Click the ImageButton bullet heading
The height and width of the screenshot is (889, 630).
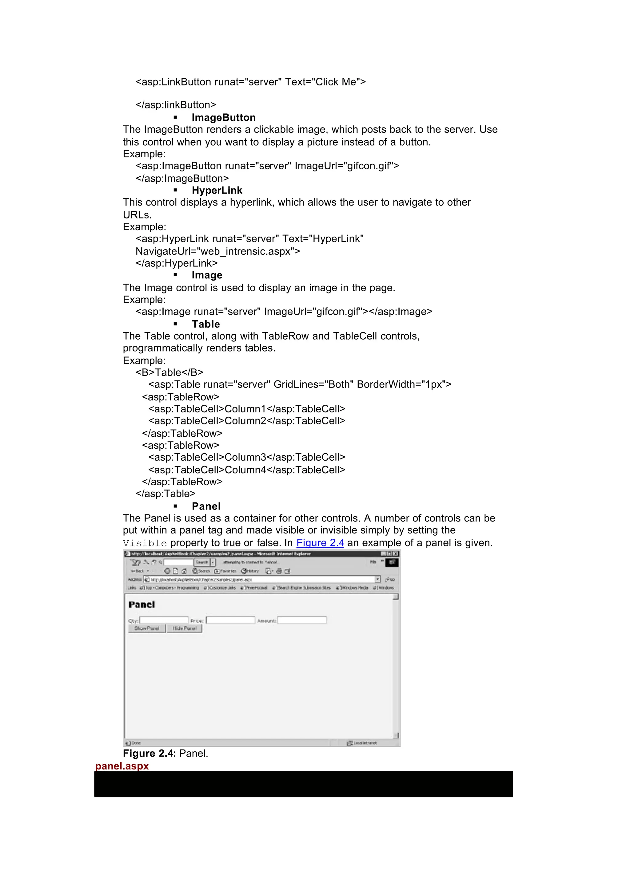[x=223, y=117]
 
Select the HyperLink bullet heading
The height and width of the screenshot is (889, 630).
[x=217, y=190]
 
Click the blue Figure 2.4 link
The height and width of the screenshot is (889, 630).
[x=320, y=543]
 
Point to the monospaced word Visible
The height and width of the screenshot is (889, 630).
[x=145, y=543]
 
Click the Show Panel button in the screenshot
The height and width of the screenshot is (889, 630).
[x=147, y=628]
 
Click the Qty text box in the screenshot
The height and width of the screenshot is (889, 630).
[x=164, y=620]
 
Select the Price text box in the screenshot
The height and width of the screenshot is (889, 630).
[x=230, y=620]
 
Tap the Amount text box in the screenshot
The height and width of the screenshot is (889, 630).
[x=302, y=620]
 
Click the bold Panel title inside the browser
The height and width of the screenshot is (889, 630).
[x=142, y=604]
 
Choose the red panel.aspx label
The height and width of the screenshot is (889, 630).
[x=122, y=766]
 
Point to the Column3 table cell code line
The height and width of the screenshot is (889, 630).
[x=247, y=457]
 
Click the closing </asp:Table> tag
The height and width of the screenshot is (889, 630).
[x=165, y=494]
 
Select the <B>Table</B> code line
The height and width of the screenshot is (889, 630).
[x=169, y=372]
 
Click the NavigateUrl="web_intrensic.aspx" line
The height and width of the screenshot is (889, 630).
[x=217, y=251]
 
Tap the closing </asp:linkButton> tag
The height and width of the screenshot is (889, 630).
[x=176, y=105]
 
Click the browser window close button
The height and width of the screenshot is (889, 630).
[x=396, y=554]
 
